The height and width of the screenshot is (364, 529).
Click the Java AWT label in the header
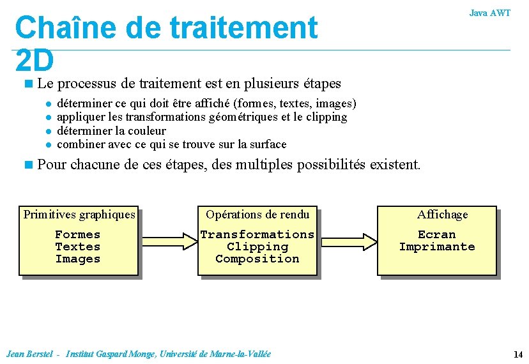tap(489, 13)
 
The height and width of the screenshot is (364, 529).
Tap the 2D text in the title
tap(35, 61)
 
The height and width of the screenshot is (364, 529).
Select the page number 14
tap(517, 354)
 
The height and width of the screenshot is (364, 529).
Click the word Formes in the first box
tap(78, 234)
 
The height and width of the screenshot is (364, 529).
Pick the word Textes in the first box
tap(78, 246)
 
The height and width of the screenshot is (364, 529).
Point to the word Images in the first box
tap(78, 259)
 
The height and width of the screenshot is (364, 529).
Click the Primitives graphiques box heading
tap(79, 215)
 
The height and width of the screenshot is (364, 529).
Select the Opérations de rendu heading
tap(257, 215)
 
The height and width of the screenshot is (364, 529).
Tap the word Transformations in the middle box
tap(257, 234)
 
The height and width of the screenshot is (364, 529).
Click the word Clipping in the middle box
tap(257, 246)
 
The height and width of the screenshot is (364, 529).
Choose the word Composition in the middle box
tap(257, 259)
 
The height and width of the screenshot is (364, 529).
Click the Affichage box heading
tap(442, 215)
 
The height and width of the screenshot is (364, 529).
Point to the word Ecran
tap(437, 234)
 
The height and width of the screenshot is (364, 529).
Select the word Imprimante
tap(437, 246)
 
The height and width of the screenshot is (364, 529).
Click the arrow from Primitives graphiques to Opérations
tap(168, 241)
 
